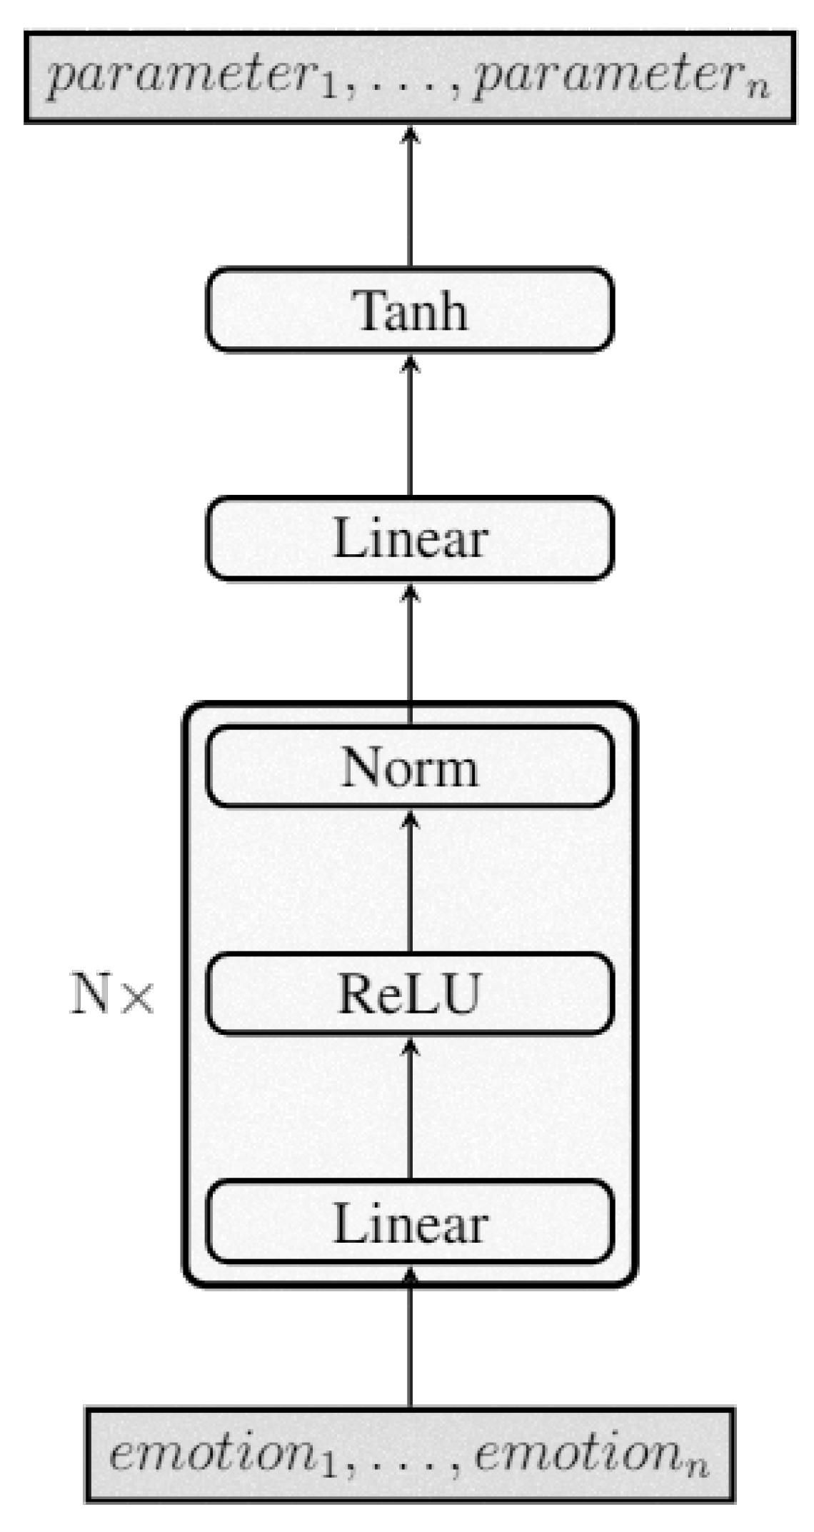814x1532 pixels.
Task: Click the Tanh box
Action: pos(409,310)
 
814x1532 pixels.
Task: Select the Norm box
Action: pos(409,767)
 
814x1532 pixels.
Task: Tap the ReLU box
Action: pos(409,993)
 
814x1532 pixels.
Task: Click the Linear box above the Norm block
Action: pos(409,539)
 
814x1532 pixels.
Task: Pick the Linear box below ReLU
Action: pos(409,1223)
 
